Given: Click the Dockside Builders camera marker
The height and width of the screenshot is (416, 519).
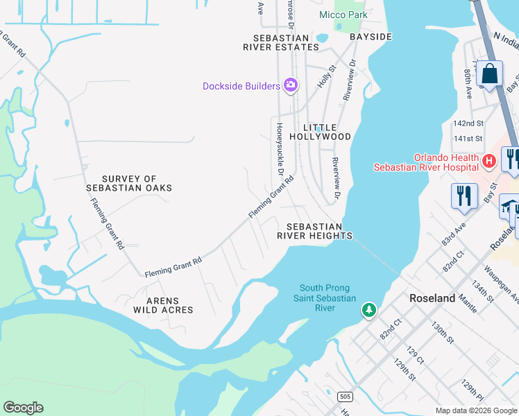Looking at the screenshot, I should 291,85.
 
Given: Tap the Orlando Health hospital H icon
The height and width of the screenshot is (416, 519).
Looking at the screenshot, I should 489,162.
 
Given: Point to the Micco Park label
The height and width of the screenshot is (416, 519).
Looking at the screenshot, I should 342,15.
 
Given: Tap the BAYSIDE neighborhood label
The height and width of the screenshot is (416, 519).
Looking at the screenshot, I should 371,36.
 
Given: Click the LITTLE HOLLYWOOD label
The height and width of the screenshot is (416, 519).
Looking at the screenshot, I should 327,132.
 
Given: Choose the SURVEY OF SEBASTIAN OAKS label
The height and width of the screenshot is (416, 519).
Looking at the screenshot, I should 129,183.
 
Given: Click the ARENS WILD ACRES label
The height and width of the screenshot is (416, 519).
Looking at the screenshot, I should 162,306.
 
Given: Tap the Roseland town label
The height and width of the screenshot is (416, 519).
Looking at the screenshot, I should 432,298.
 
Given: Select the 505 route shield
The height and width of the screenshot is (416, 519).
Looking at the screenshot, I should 345,397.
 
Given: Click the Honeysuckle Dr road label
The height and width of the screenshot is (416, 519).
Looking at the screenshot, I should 280,148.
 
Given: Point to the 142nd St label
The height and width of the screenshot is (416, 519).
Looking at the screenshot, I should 468,123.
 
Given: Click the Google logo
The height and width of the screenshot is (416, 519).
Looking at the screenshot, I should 23,408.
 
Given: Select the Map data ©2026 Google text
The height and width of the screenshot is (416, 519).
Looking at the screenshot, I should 475,410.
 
